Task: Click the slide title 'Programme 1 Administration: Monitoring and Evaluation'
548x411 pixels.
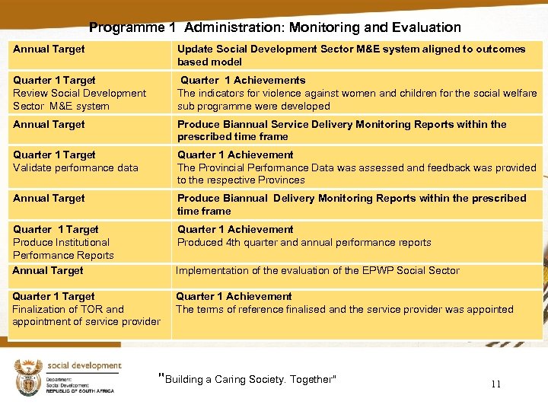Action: click(275, 27)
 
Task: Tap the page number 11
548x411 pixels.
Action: click(495, 384)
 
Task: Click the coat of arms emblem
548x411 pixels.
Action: click(27, 378)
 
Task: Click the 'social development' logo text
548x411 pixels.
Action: click(84, 366)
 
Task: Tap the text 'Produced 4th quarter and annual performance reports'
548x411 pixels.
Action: click(304, 243)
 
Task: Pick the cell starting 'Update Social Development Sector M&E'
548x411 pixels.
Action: click(351, 55)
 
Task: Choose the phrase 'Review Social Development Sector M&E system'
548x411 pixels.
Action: click(79, 100)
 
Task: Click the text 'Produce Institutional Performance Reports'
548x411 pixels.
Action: click(63, 249)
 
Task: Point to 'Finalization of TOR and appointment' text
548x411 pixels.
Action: click(86, 315)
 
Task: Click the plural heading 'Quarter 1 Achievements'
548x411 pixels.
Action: click(243, 80)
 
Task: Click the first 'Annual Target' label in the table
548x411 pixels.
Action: click(49, 49)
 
